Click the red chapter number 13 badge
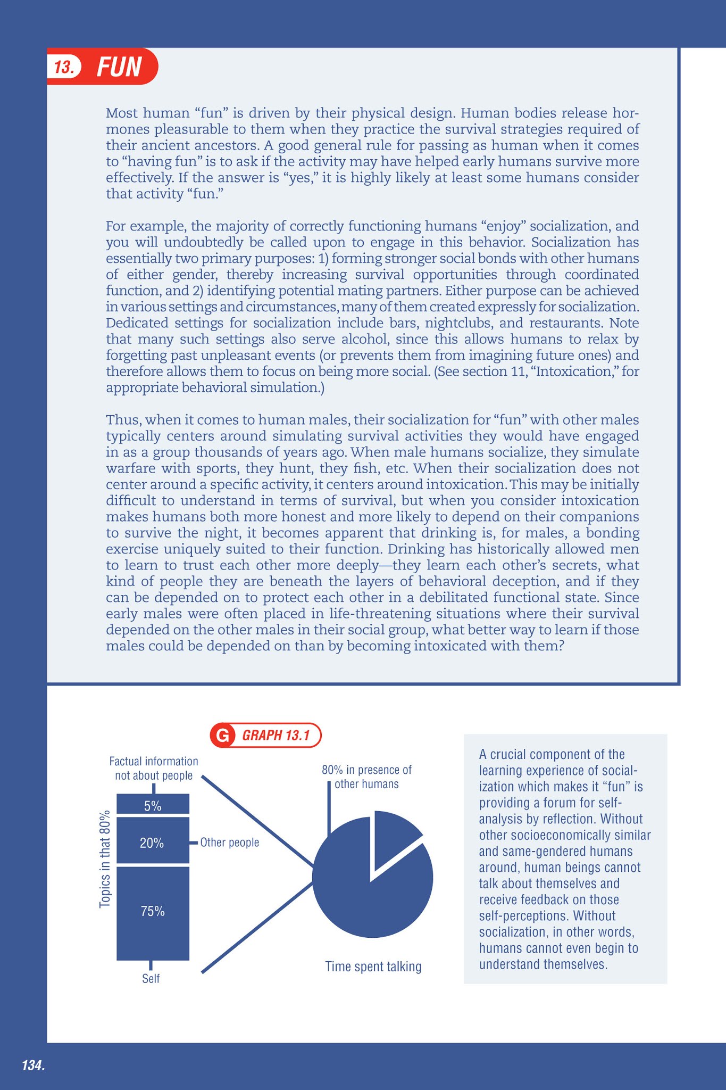click(x=64, y=68)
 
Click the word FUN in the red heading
click(x=119, y=68)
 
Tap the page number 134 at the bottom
click(x=33, y=1066)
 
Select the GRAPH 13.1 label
click(x=276, y=736)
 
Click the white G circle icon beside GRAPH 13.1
click(x=223, y=736)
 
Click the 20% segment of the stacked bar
click(x=153, y=843)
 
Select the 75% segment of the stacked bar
click(x=153, y=911)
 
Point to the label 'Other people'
click(x=230, y=843)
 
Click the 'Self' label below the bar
click(x=151, y=979)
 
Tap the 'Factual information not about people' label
click(x=154, y=769)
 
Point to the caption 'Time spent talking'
click(x=373, y=967)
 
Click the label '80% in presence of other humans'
click(x=366, y=777)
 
